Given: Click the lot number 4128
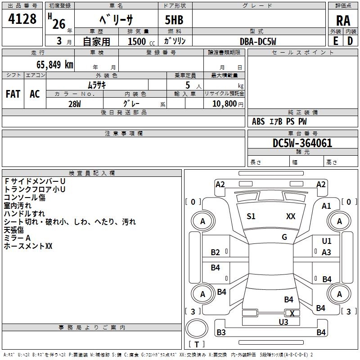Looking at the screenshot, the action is tap(22, 18).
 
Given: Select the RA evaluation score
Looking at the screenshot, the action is tap(343, 21).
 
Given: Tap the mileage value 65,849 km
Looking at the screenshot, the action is tap(55, 64).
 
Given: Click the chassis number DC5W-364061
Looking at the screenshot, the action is tap(302, 143).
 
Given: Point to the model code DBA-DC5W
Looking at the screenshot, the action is tap(258, 41).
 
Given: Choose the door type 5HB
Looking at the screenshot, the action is tap(174, 20).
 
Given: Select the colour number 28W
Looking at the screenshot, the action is tap(75, 104).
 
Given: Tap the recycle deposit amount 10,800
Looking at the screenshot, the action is tap(225, 103).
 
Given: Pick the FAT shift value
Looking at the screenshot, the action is tap(13, 94).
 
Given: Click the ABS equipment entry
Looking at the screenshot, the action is tap(258, 121).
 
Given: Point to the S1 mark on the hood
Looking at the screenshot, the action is tap(251, 216).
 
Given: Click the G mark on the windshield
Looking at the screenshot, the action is tap(284, 237).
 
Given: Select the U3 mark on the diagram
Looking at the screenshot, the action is tap(283, 322).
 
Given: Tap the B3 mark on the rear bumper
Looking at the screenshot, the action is tap(221, 332).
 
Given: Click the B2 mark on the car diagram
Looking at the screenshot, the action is tap(215, 252).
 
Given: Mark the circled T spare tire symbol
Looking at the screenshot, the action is tap(197, 328).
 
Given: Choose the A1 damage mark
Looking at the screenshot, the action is tap(326, 206).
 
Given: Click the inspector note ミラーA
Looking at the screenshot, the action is tap(17, 238).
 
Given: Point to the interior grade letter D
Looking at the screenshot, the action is tap(350, 41).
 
